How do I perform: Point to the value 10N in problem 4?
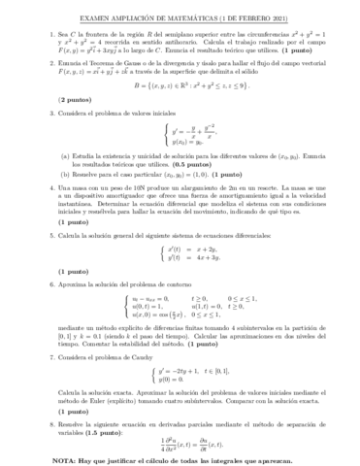pyautogui.click(x=123, y=185)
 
